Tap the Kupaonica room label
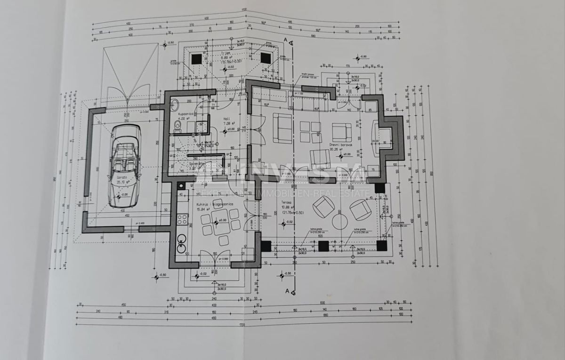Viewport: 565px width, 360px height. pyautogui.click(x=184, y=114)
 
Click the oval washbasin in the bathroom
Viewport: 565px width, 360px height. pyautogui.click(x=173, y=104)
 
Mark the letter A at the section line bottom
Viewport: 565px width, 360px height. pyautogui.click(x=287, y=291)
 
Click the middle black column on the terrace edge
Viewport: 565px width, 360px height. pyautogui.click(x=323, y=246)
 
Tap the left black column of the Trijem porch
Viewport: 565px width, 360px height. pyautogui.click(x=196, y=59)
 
